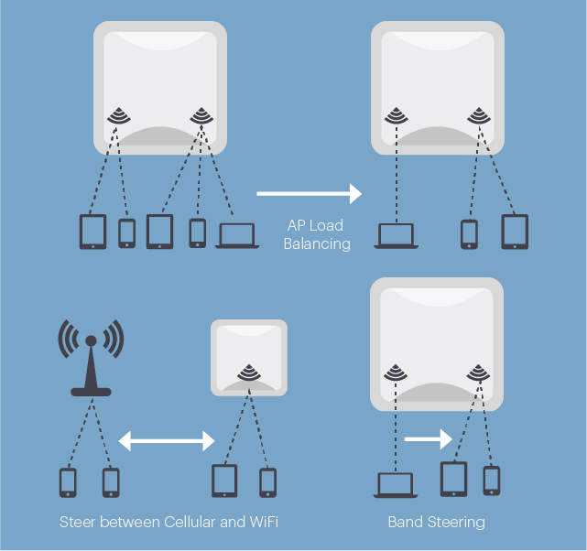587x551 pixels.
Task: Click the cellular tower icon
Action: tap(91, 358)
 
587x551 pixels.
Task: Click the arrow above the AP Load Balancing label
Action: tap(309, 194)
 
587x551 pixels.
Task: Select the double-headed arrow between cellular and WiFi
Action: tap(166, 442)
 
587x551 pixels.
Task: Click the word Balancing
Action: tap(317, 244)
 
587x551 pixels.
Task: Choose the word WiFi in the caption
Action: tap(261, 523)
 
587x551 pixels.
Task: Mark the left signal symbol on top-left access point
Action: tap(118, 116)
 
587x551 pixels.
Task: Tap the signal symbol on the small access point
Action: tap(248, 372)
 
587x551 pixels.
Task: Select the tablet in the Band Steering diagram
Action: tap(454, 479)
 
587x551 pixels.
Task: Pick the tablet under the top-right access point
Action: tap(515, 232)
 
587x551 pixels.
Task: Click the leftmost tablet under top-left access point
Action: tap(93, 232)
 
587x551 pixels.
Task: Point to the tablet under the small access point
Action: tap(224, 481)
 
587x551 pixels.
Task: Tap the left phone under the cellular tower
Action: tap(68, 482)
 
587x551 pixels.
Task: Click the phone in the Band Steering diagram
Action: tap(492, 480)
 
